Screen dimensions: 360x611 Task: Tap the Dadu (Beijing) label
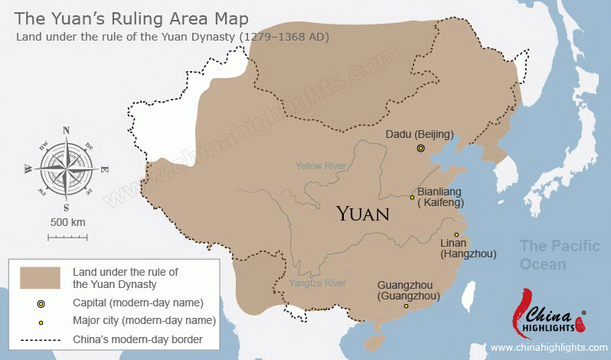click(x=419, y=134)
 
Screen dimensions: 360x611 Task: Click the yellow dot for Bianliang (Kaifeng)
click(x=412, y=197)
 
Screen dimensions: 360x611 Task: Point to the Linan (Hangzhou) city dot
click(x=456, y=234)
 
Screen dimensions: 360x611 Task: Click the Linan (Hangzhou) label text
click(x=469, y=248)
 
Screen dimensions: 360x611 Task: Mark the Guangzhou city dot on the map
click(x=406, y=306)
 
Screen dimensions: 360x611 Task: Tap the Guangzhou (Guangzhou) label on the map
click(x=409, y=290)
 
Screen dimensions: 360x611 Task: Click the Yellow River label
click(x=321, y=165)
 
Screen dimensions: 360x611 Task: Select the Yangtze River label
click(x=318, y=283)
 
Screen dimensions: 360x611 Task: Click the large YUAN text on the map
click(x=363, y=213)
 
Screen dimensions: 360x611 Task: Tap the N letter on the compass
click(x=66, y=130)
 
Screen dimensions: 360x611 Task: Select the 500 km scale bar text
click(x=67, y=222)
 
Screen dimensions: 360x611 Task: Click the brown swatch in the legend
click(x=41, y=277)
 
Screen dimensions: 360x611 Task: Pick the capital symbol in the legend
click(x=41, y=304)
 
